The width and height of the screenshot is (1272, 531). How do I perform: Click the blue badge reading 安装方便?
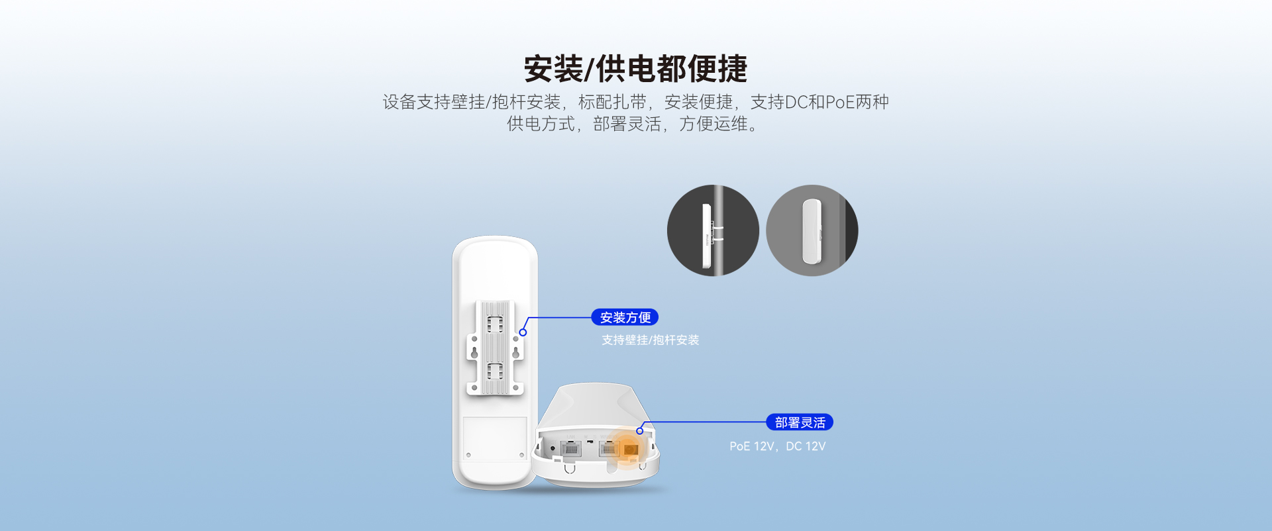pos(625,318)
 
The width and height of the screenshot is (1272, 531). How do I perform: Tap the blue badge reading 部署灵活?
pos(800,422)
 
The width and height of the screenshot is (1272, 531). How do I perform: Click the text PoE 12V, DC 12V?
pos(778,446)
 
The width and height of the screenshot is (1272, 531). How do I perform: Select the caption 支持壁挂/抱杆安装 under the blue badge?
pos(651,340)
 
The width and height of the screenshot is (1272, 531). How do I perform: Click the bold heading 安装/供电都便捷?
pos(636,68)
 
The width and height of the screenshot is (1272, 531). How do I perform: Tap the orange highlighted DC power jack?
pos(631,450)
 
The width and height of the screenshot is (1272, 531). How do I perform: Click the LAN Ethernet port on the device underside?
pos(570,449)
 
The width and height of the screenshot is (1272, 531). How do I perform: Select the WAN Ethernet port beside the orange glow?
pos(608,449)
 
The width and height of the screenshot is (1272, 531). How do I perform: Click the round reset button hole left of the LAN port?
pos(553,449)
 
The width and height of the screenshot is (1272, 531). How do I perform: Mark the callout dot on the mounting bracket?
pos(523,332)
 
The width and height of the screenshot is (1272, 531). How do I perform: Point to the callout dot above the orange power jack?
pos(639,431)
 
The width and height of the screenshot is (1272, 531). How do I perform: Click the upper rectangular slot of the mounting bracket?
pos(495,324)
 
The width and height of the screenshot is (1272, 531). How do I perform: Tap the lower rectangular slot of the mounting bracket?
pos(495,371)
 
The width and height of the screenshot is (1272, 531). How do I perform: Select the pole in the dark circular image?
pos(718,230)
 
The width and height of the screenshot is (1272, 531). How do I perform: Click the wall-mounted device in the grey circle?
pos(812,231)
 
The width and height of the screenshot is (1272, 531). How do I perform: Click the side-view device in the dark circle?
pos(706,236)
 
